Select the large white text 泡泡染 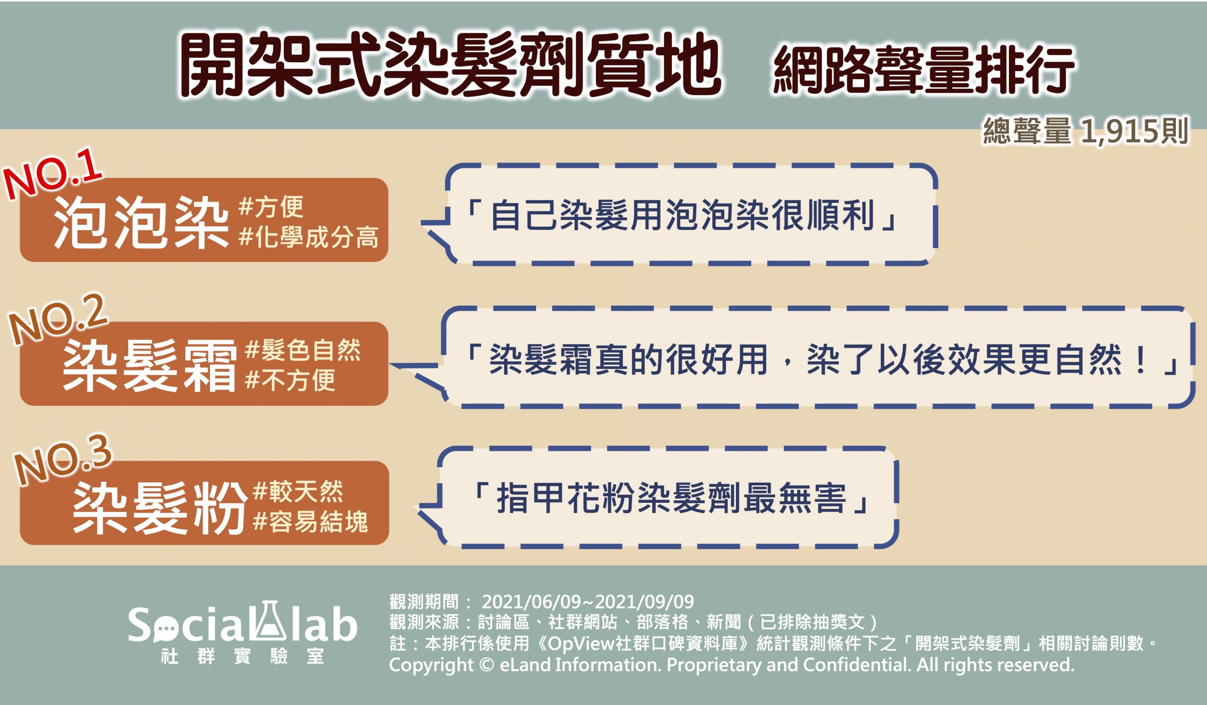[141, 223]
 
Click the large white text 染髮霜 [149, 366]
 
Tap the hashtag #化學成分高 [308, 238]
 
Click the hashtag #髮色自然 [302, 351]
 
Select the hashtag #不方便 [290, 381]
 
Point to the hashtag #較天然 [298, 492]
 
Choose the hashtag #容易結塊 [310, 522]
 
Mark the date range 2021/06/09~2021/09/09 [587, 601]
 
